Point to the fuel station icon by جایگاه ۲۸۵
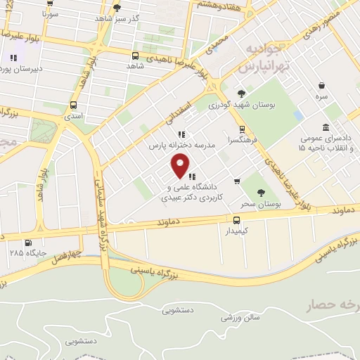[27, 243]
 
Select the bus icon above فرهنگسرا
[242, 129]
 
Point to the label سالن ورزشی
[241, 318]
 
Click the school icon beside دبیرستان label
[13, 58]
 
